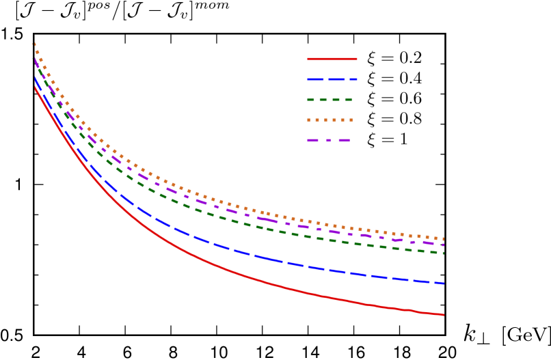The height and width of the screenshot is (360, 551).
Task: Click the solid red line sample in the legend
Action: click(332, 59)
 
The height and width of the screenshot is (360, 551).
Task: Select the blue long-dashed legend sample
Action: click(332, 79)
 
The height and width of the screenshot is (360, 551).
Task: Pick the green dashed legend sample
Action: click(330, 100)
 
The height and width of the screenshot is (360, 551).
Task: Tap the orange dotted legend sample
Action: click(330, 120)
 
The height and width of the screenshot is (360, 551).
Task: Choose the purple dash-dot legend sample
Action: click(329, 141)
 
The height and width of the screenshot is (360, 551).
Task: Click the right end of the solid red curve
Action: click(443, 314)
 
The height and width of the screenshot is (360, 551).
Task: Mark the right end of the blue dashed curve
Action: click(443, 283)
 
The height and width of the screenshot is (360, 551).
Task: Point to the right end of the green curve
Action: click(443, 253)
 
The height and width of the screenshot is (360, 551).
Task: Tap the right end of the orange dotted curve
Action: click(443, 239)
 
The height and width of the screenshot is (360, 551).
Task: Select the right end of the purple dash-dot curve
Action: click(443, 245)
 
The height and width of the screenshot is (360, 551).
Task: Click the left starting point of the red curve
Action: click(36, 87)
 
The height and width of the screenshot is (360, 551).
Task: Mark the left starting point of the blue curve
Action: click(36, 78)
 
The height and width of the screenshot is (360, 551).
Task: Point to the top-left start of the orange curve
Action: click(35, 44)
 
